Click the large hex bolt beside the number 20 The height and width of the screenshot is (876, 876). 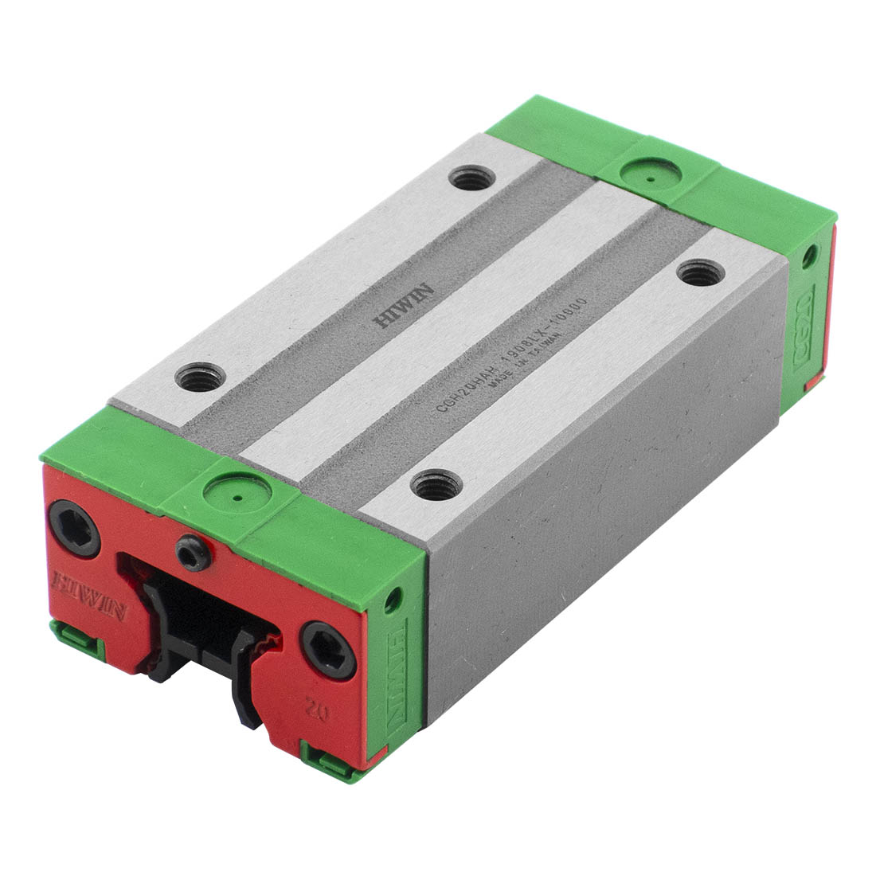point(327,649)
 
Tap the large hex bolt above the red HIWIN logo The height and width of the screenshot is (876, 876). point(74,528)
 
